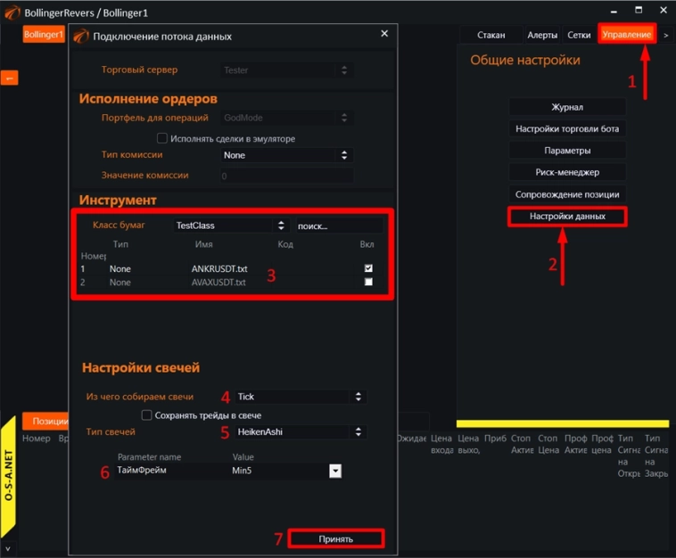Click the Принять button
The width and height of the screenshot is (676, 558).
pyautogui.click(x=336, y=538)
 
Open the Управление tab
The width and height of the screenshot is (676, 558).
pyautogui.click(x=627, y=35)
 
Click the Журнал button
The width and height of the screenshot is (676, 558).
pyautogui.click(x=567, y=107)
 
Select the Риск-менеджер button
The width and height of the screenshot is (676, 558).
pyautogui.click(x=567, y=172)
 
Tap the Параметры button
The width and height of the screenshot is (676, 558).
pyautogui.click(x=567, y=151)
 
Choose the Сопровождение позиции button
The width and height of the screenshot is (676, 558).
pyautogui.click(x=567, y=194)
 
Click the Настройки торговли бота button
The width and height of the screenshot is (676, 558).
pyautogui.click(x=567, y=128)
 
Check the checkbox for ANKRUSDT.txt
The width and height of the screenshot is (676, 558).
pyautogui.click(x=368, y=267)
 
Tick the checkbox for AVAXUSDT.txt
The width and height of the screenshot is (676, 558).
pyautogui.click(x=368, y=282)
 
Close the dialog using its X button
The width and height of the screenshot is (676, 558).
pyautogui.click(x=384, y=34)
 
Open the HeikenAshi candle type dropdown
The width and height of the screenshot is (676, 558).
pyautogui.click(x=294, y=432)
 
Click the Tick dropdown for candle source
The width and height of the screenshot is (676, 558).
pyautogui.click(x=294, y=397)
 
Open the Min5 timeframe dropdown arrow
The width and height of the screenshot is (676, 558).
pyautogui.click(x=335, y=471)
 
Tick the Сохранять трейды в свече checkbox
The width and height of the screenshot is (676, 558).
pyautogui.click(x=147, y=415)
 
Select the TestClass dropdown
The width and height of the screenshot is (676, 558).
pyautogui.click(x=230, y=226)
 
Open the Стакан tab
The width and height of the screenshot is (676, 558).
pyautogui.click(x=491, y=35)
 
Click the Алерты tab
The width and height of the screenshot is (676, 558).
pyautogui.click(x=542, y=35)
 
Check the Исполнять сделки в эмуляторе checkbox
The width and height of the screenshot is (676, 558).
pyautogui.click(x=161, y=138)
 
